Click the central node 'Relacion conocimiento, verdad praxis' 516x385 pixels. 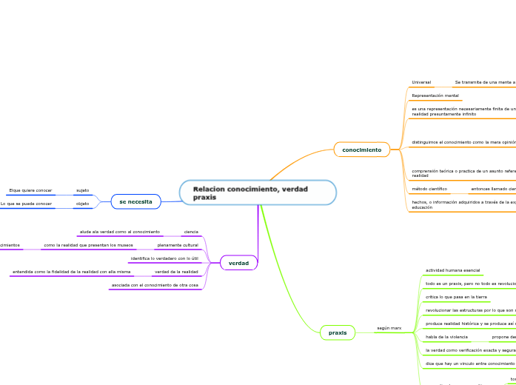[258, 192]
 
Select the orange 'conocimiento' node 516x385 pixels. [361, 150]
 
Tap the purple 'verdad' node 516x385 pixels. [238, 263]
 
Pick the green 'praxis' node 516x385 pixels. [338, 332]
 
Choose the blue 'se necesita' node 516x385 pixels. [135, 201]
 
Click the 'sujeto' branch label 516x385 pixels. [83, 190]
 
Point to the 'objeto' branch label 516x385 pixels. [83, 204]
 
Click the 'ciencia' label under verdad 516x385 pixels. [191, 232]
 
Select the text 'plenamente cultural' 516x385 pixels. [178, 245]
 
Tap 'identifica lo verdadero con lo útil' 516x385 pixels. [164, 258]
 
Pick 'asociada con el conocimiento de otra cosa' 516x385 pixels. [155, 285]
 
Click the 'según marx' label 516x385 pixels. [389, 327]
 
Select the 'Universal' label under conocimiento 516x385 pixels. [421, 82]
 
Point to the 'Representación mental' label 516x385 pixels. [435, 96]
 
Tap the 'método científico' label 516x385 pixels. [429, 189]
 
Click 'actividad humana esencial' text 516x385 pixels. [452, 270]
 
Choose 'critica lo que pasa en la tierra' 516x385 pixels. [456, 297]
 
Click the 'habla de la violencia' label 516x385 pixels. [446, 337]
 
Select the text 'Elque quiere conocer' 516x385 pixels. [30, 190]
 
